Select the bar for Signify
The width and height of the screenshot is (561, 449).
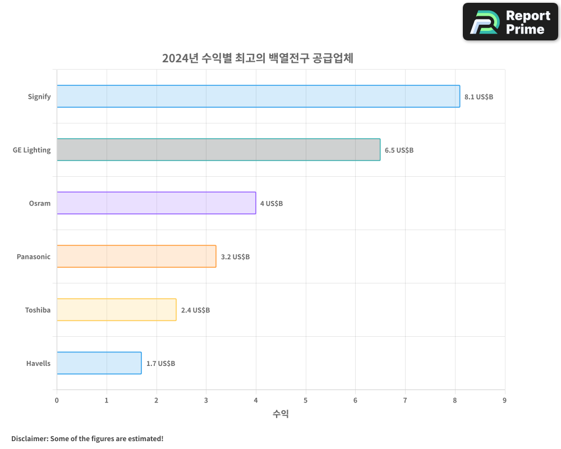coord(258,97)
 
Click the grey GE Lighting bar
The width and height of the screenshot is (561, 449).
coord(218,150)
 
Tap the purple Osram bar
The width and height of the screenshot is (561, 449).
coord(156,203)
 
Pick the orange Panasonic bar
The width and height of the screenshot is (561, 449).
coord(136,256)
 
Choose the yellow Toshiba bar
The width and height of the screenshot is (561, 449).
coord(116,310)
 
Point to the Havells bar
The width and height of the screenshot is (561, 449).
coord(99,363)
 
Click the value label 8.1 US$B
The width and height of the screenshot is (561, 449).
coord(479,97)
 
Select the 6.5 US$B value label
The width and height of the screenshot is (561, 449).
coord(399,150)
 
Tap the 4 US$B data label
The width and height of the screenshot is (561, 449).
coord(272,203)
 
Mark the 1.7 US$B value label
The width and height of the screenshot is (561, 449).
coord(160,363)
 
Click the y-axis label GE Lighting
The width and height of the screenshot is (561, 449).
coord(32,150)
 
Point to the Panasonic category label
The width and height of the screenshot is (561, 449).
coord(34,256)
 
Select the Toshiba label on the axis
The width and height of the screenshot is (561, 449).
coord(38,310)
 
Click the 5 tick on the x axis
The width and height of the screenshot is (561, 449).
coord(306,400)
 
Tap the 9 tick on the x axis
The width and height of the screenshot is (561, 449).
coord(504,400)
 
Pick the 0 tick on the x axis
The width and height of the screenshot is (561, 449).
coord(57,400)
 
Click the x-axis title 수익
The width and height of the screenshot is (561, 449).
coord(280,414)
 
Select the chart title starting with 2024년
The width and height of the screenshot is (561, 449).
coord(257,58)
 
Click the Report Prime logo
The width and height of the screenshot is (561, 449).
coord(510,22)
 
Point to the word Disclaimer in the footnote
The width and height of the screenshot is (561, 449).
coord(29,438)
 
